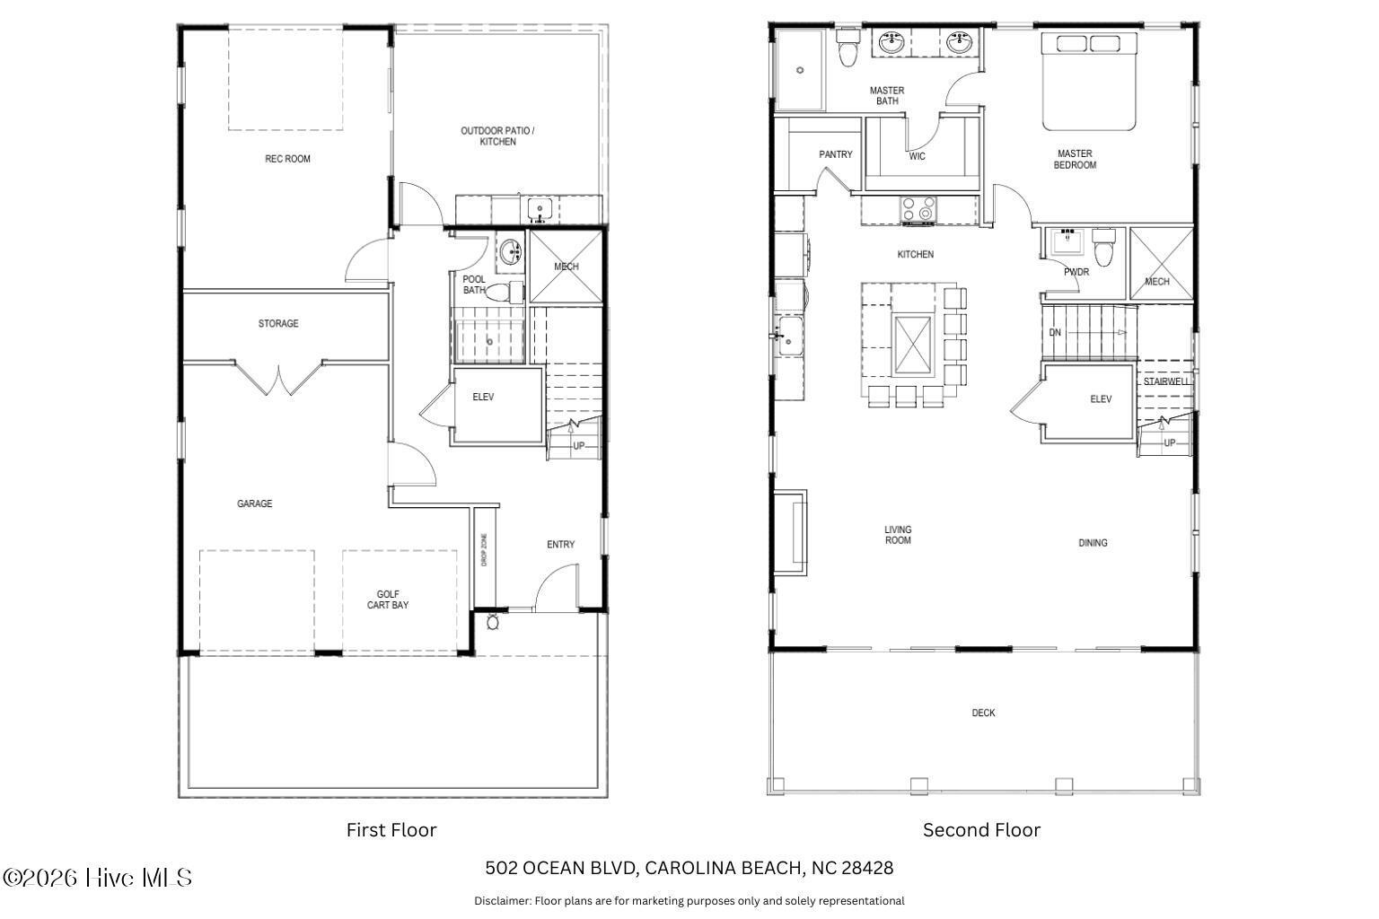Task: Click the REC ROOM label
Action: click(287, 159)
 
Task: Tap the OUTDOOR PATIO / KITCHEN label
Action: click(497, 136)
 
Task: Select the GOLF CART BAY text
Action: click(388, 600)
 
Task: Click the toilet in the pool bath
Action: click(513, 291)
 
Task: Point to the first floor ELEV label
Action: click(483, 397)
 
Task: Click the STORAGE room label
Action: click(278, 323)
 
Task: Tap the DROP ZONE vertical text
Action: click(484, 549)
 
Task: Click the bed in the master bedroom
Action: click(1090, 81)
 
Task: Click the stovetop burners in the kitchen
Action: click(918, 209)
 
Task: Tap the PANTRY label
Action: click(835, 154)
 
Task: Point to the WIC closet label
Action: click(917, 156)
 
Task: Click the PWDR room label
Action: click(1076, 271)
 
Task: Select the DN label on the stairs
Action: click(1055, 333)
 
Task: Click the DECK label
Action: click(983, 713)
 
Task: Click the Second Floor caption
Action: click(981, 830)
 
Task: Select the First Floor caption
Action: click(391, 830)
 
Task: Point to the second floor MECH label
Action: click(1156, 281)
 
